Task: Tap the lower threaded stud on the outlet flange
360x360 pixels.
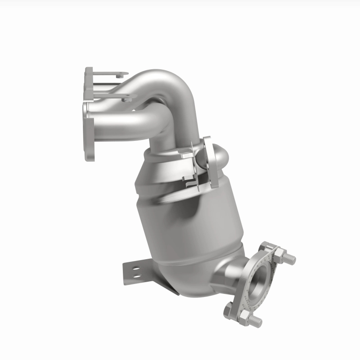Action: (254, 320)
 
